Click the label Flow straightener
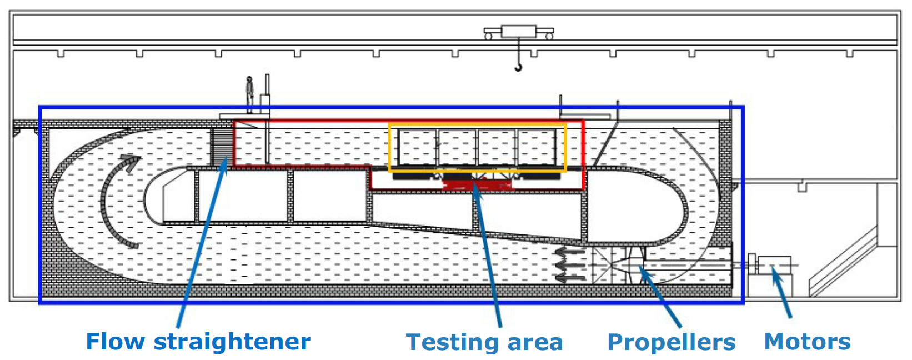click(198, 342)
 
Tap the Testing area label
click(484, 342)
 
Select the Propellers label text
click(671, 342)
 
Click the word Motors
click(807, 342)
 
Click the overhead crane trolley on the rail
click(518, 32)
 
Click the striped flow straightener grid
click(221, 146)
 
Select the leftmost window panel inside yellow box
click(418, 147)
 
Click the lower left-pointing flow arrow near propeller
click(569, 276)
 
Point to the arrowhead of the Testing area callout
click(477, 189)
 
